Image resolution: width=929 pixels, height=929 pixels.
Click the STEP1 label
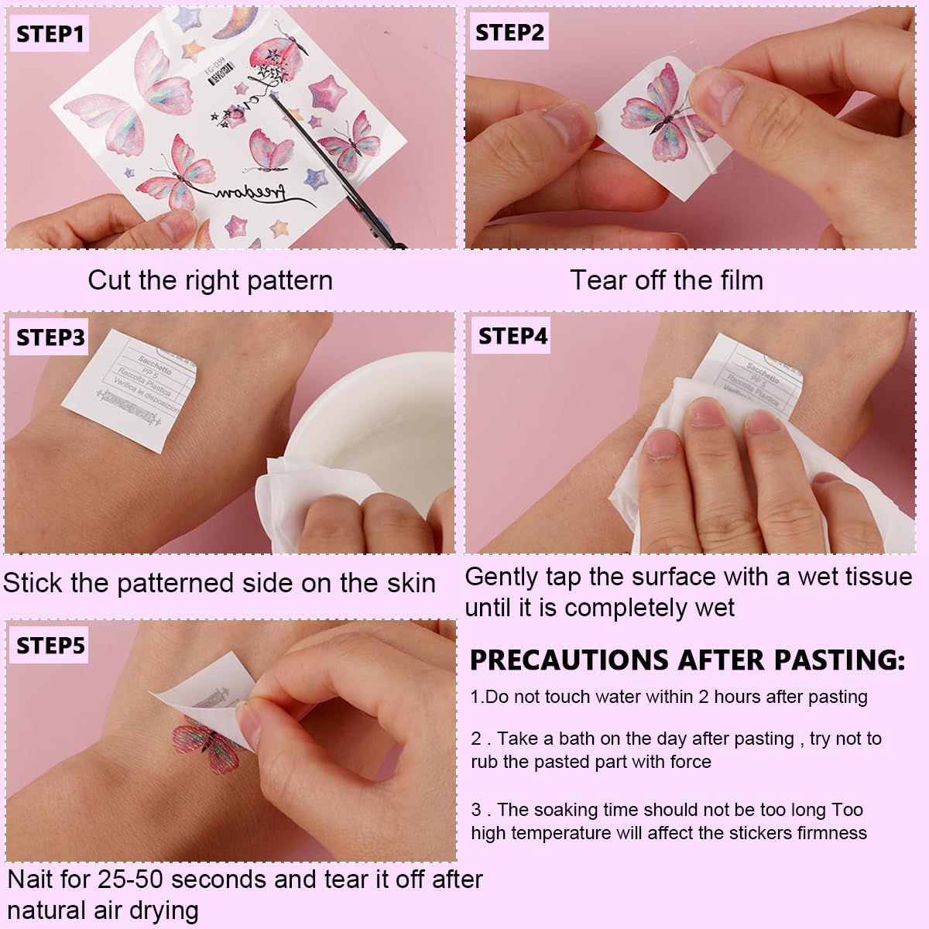click(x=49, y=34)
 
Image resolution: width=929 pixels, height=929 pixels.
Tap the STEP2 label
click(x=509, y=33)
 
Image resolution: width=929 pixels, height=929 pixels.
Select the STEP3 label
click(x=50, y=338)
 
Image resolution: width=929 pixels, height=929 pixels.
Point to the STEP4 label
click(x=512, y=336)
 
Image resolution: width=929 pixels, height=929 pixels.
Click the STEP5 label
click(x=50, y=645)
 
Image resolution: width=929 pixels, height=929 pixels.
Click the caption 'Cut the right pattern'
click(x=210, y=280)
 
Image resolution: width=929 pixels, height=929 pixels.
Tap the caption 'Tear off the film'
click(x=667, y=280)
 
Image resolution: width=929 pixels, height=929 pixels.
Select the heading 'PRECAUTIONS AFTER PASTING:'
click(x=687, y=660)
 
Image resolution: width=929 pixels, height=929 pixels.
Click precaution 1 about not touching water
click(x=668, y=697)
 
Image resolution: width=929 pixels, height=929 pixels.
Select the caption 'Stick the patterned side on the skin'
click(x=219, y=583)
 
